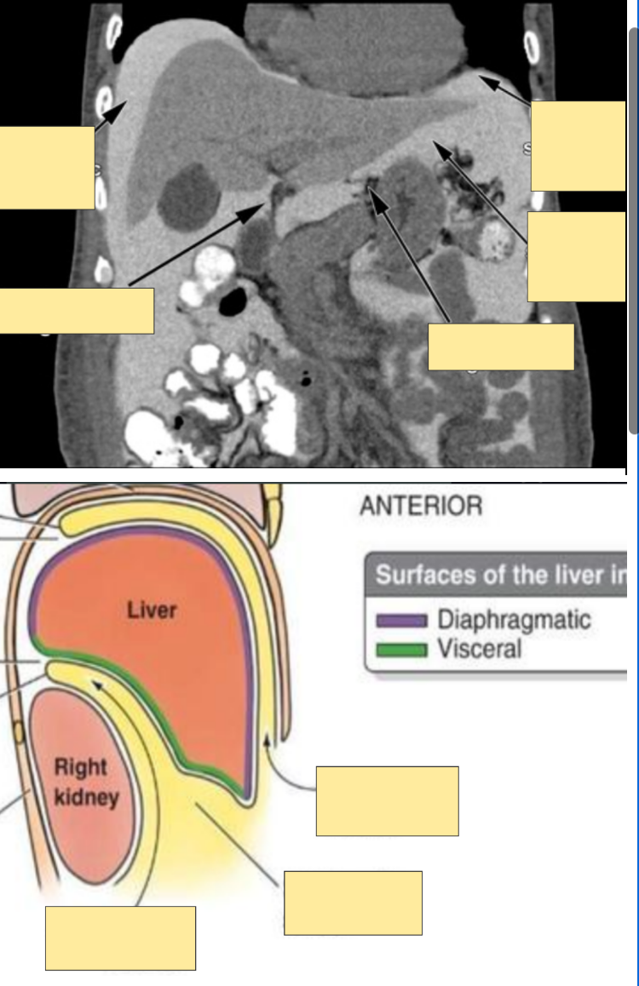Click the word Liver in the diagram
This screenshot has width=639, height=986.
tap(152, 610)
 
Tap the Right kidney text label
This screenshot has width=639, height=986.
tap(82, 782)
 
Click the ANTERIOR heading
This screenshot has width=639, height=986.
tap(421, 506)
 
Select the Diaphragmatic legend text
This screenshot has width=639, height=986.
tap(514, 619)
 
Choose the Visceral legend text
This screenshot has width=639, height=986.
tap(479, 649)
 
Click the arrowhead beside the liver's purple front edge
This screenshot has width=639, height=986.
tap(270, 742)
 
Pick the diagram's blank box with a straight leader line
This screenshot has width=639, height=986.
tap(353, 903)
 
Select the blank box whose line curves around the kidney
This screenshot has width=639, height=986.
tap(120, 938)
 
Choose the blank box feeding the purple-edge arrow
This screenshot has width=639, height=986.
tap(387, 800)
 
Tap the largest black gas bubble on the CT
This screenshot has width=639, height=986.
tap(233, 300)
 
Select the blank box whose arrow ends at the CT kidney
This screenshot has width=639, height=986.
tap(500, 347)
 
